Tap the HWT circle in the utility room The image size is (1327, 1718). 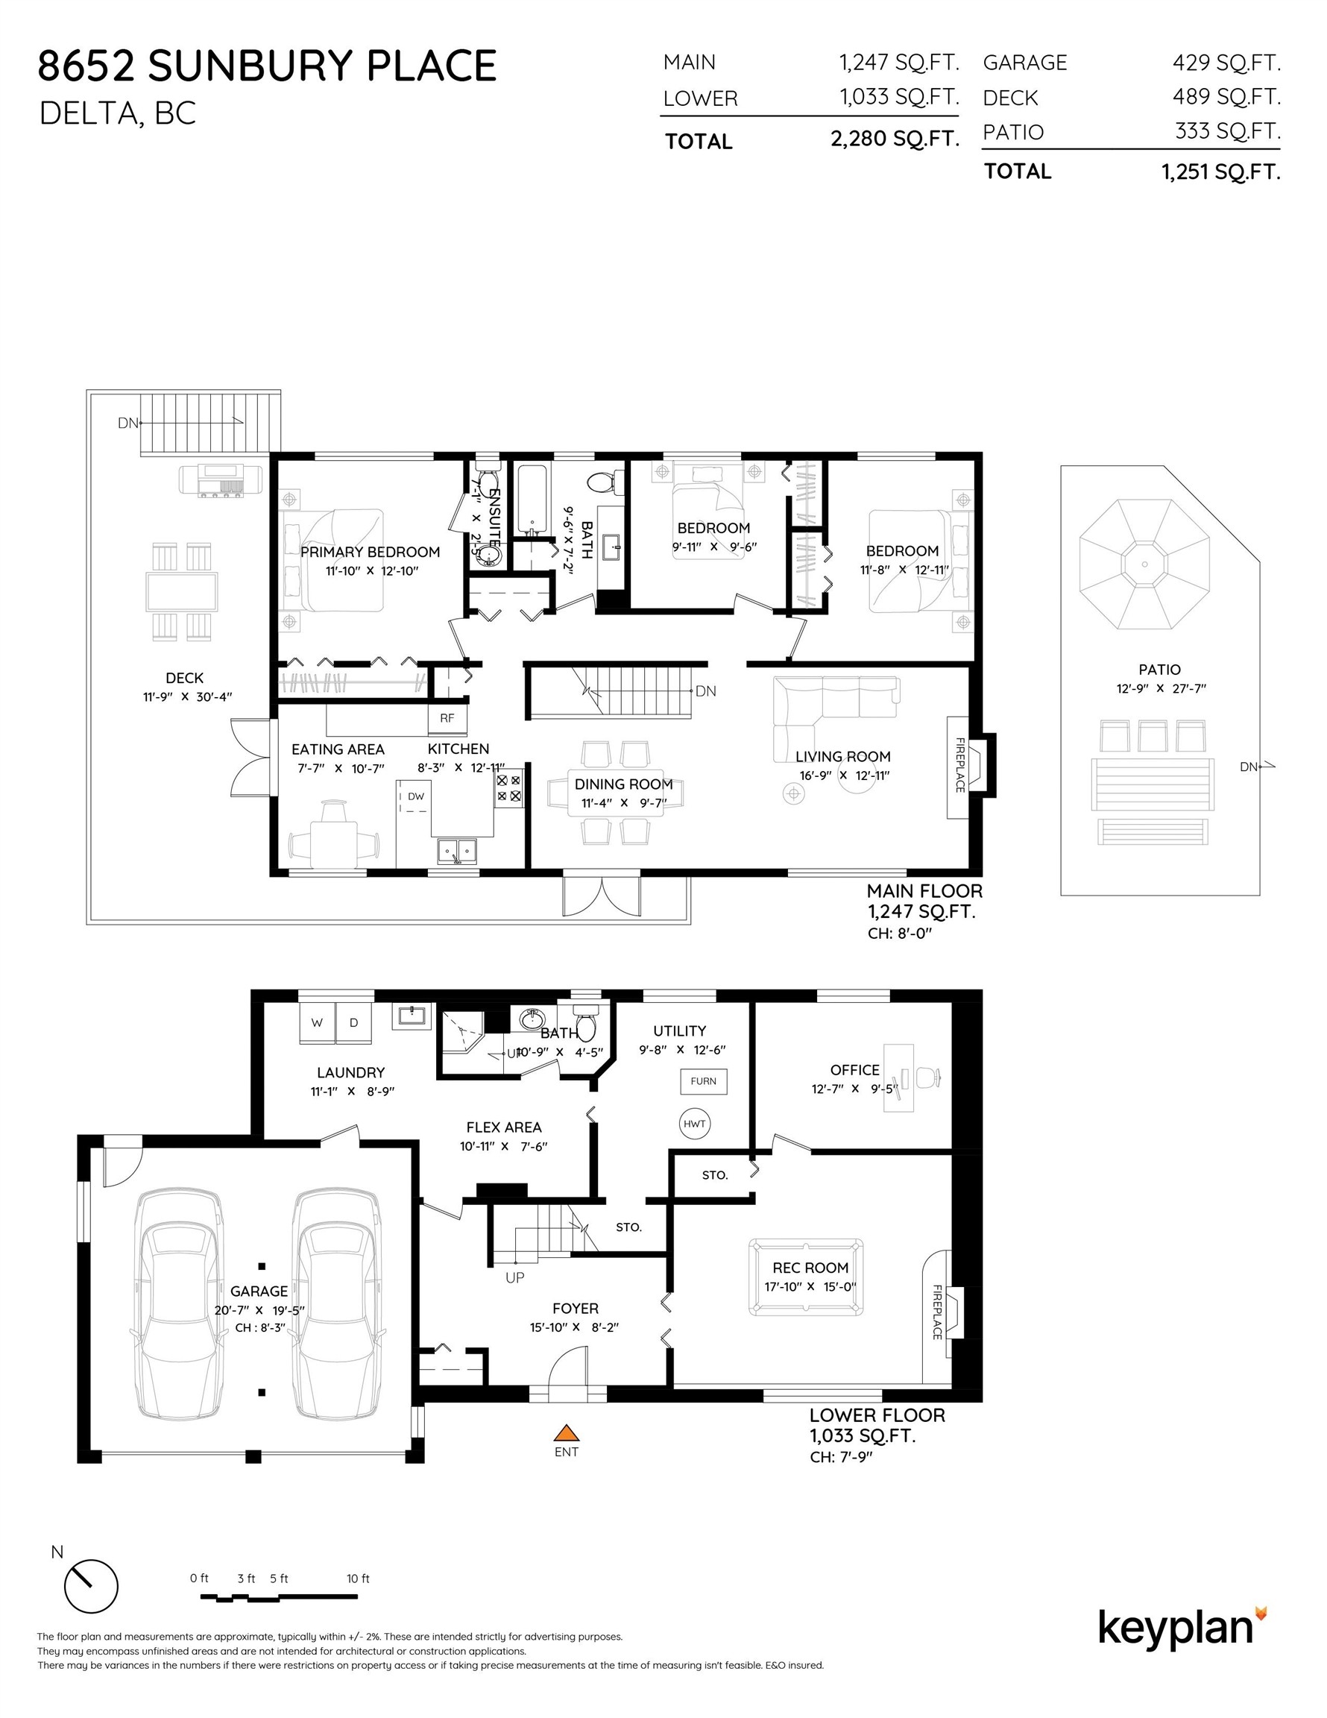click(x=695, y=1123)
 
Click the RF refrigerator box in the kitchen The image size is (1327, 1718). click(x=447, y=717)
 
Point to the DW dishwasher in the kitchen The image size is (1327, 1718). click(x=415, y=797)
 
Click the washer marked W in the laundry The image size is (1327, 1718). click(x=317, y=1022)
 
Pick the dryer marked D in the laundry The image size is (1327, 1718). click(x=354, y=1022)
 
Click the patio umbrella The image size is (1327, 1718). click(x=1143, y=563)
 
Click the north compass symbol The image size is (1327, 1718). click(x=90, y=1586)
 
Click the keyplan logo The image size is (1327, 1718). click(x=1182, y=1629)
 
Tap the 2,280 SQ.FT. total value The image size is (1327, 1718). click(x=895, y=139)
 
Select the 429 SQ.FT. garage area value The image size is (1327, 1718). click(x=1226, y=62)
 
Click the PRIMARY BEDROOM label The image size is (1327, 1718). click(x=370, y=552)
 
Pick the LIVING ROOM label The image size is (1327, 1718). click(x=842, y=756)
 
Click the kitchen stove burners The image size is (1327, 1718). click(x=508, y=788)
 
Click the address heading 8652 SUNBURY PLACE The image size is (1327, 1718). click(x=268, y=66)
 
